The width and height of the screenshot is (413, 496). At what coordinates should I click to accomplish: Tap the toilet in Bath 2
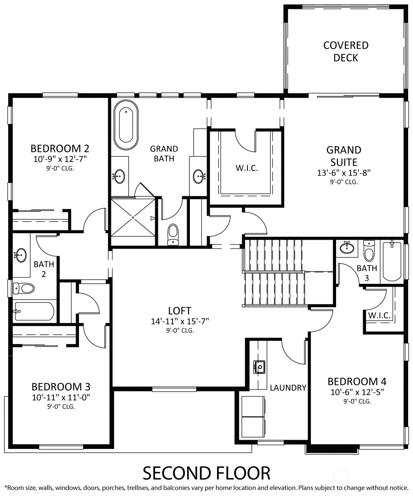[24, 289]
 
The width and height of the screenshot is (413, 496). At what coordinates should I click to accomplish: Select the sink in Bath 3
[347, 248]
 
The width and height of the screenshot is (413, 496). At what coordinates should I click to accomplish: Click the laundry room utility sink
[260, 367]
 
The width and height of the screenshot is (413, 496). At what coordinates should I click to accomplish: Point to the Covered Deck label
[346, 51]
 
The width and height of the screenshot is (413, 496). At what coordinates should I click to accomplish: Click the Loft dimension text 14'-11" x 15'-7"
[180, 321]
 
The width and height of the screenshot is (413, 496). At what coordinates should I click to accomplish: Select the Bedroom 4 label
[357, 381]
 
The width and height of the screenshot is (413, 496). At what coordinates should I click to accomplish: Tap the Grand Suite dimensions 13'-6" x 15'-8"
[344, 173]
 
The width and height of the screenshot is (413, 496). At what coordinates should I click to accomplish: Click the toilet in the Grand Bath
[173, 234]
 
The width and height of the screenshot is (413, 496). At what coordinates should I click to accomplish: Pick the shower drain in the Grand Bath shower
[133, 217]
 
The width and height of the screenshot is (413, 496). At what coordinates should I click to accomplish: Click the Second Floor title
[206, 473]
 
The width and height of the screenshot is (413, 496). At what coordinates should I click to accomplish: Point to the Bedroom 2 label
[60, 149]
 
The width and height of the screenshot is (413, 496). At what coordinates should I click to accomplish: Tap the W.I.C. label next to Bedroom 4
[379, 315]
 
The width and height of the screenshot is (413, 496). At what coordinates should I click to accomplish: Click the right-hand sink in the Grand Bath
[199, 176]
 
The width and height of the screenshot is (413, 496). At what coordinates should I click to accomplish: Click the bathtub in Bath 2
[34, 311]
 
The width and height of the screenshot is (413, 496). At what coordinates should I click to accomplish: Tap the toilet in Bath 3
[369, 251]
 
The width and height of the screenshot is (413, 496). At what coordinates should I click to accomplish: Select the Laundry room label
[288, 388]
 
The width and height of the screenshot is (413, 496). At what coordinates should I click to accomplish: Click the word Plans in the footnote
[306, 488]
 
